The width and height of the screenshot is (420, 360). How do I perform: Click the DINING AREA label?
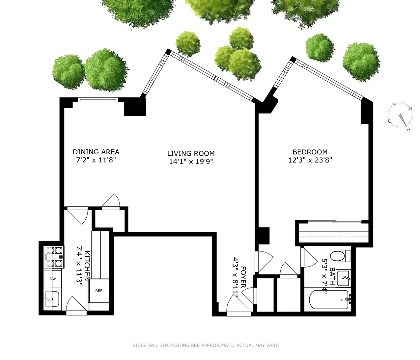pyautogui.click(x=96, y=152)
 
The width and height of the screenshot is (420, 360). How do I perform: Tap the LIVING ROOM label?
pyautogui.click(x=191, y=153)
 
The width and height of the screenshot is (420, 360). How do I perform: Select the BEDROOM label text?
pyautogui.click(x=310, y=152)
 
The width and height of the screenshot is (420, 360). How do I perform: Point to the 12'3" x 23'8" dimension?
pyautogui.click(x=310, y=160)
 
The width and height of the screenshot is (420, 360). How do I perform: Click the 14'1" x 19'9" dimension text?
pyautogui.click(x=191, y=162)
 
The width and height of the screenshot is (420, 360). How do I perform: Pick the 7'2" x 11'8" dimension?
pyautogui.click(x=96, y=160)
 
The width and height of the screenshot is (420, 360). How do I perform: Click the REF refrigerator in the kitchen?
pyautogui.click(x=98, y=291)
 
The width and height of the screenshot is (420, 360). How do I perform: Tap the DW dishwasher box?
pyautogui.click(x=53, y=279)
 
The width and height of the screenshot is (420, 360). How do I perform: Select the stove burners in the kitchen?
pyautogui.click(x=54, y=257)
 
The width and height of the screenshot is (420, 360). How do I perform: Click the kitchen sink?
pyautogui.click(x=52, y=299)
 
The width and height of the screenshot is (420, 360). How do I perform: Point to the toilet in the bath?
pyautogui.click(x=339, y=256)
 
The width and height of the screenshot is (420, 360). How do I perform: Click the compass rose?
pyautogui.click(x=401, y=117)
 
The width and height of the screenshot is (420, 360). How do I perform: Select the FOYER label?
pyautogui.click(x=243, y=277)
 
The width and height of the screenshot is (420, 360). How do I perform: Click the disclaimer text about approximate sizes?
pyautogui.click(x=206, y=345)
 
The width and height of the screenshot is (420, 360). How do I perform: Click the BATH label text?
pyautogui.click(x=332, y=276)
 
